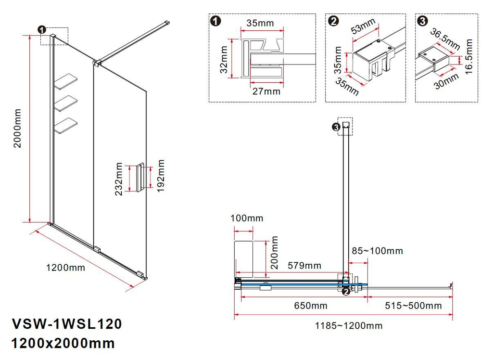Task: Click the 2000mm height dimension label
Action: pos(18,129)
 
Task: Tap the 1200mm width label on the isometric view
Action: pos(65,268)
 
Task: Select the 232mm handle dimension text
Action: pos(119,179)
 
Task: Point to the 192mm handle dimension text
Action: pos(161,177)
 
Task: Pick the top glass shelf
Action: pos(67,81)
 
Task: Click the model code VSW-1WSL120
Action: pos(66,323)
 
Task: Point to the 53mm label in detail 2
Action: pos(363,28)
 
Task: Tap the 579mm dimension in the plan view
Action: pos(304,266)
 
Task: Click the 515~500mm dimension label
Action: pos(412,306)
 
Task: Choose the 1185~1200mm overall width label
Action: pos(349,326)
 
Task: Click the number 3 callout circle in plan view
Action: pos(336,127)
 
